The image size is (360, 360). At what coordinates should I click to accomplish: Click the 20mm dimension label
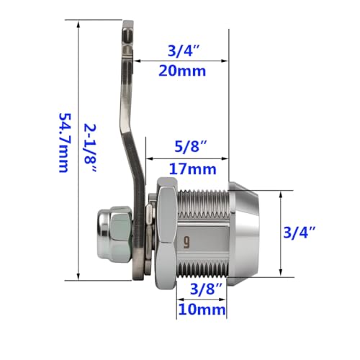(182, 71)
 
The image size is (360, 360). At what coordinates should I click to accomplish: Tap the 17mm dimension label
(193, 169)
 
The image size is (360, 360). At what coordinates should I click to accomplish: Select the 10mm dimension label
(202, 310)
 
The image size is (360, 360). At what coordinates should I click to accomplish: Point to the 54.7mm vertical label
(65, 143)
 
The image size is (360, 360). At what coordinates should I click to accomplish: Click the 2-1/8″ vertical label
(90, 148)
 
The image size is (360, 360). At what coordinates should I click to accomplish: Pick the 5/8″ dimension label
(191, 146)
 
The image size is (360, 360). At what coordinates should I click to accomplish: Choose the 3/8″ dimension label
(207, 289)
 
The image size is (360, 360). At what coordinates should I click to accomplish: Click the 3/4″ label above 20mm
(184, 50)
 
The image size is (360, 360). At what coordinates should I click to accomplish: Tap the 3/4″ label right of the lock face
(300, 233)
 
